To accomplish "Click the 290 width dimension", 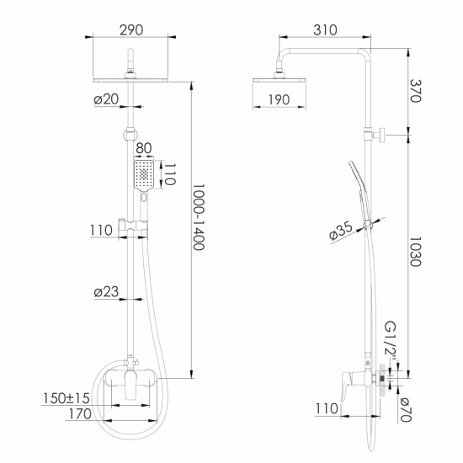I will pyautogui.click(x=130, y=29).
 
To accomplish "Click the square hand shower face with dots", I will pyautogui.click(x=145, y=174).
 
